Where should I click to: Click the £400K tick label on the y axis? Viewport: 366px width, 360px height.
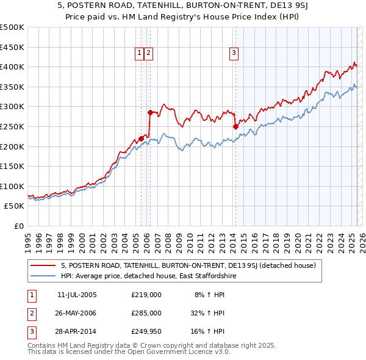[x=12, y=67]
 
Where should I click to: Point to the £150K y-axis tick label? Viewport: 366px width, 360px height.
[x=12, y=166]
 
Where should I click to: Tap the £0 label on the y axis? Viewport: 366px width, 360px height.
[x=19, y=226]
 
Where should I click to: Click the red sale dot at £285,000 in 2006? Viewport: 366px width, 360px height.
[x=150, y=112]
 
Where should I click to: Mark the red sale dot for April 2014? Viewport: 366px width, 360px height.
[x=235, y=126]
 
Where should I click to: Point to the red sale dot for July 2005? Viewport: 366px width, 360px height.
[x=141, y=139]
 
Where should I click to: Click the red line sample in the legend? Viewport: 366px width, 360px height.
[x=43, y=266]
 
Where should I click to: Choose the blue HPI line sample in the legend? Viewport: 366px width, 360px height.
[x=43, y=276]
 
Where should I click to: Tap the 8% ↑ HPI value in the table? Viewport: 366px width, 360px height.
[x=209, y=295]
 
